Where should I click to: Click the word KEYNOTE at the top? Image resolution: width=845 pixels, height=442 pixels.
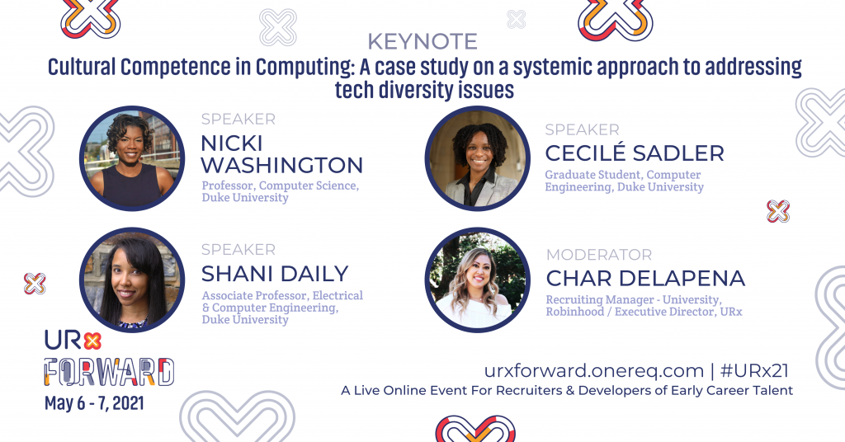(422, 42)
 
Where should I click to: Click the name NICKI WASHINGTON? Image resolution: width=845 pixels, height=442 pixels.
(281, 153)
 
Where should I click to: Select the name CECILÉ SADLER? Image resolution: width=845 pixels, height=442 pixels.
(634, 153)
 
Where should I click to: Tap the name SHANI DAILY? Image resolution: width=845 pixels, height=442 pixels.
(275, 273)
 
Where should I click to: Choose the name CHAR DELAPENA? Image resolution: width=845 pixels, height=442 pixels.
(645, 278)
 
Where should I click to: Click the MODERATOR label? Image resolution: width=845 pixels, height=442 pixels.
(599, 255)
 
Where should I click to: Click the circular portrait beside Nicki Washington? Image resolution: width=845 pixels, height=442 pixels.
(132, 158)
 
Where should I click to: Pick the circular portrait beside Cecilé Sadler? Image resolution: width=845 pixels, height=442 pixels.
(477, 158)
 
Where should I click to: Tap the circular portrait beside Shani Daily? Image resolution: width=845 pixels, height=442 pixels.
(132, 280)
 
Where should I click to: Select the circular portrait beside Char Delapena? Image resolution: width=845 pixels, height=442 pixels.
(477, 280)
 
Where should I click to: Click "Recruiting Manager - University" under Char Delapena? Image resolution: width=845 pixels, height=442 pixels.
(634, 299)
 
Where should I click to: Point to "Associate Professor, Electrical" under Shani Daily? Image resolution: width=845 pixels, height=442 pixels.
(282, 295)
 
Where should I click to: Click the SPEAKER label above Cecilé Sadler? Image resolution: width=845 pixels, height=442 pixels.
(582, 129)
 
